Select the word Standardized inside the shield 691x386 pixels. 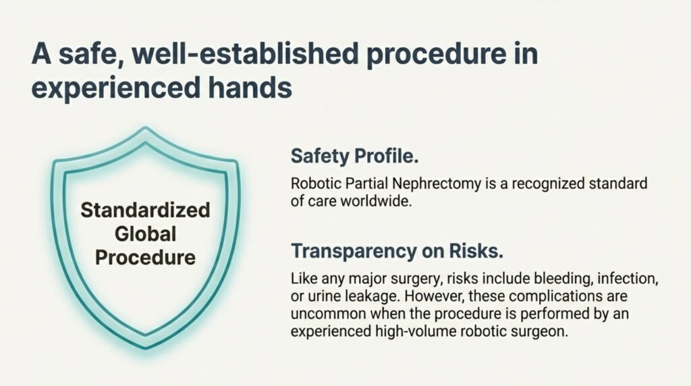tap(145, 210)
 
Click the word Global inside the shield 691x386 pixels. tap(145, 233)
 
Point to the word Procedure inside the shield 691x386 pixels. tap(145, 257)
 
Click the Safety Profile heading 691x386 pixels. tap(355, 157)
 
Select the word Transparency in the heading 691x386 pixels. tap(351, 251)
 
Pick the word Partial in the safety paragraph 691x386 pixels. tap(356, 184)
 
